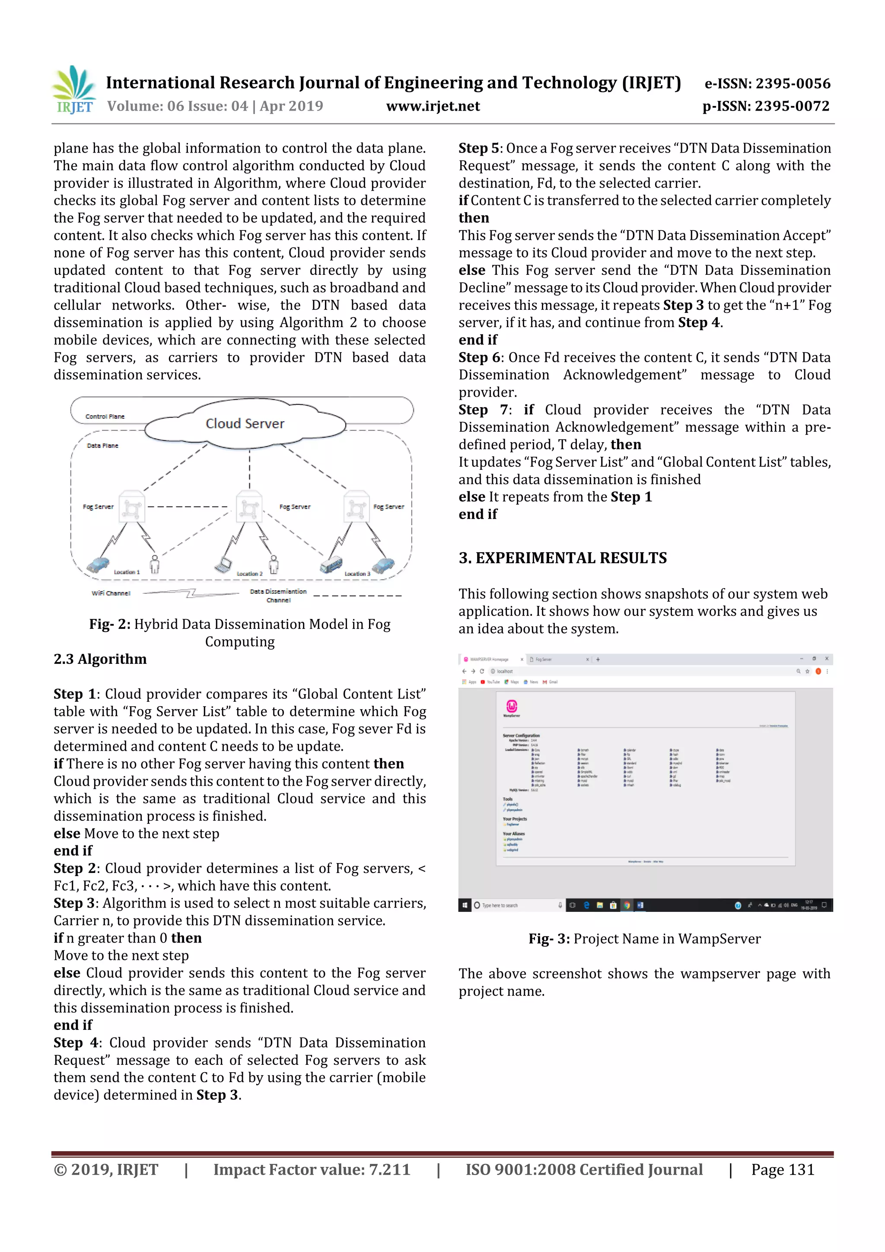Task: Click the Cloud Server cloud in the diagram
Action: point(245,424)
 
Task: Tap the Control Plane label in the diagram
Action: point(105,417)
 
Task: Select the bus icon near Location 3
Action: point(331,564)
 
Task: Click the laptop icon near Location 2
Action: point(223,565)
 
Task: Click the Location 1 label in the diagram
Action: point(127,572)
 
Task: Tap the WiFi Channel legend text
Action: point(111,593)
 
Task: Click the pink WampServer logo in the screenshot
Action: point(512,706)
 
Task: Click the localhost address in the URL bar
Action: point(504,671)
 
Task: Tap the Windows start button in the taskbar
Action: point(464,905)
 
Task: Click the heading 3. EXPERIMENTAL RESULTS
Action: point(562,558)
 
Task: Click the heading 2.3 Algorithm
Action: point(100,659)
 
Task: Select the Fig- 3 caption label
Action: point(548,939)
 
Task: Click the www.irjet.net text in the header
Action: point(433,106)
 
